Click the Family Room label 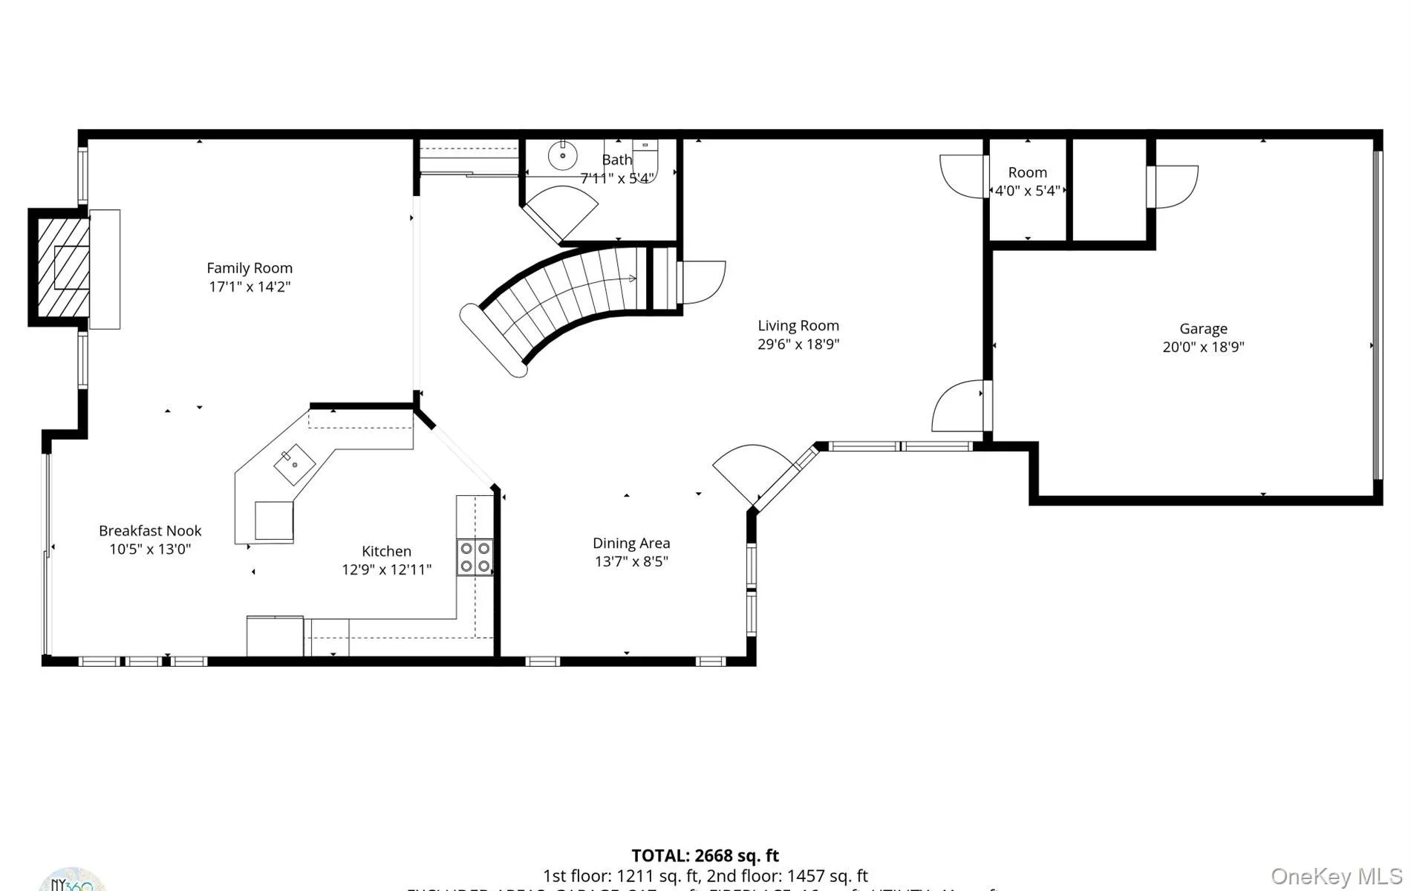[x=250, y=268]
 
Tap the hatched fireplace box [x=63, y=267]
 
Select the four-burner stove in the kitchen [x=475, y=557]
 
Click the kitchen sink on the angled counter [x=294, y=465]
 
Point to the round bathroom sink [x=562, y=156]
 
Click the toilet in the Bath [x=645, y=156]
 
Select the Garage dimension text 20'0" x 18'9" [x=1203, y=347]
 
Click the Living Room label [x=798, y=325]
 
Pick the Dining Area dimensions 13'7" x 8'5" [x=631, y=561]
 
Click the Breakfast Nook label [x=150, y=531]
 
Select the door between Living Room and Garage [x=959, y=405]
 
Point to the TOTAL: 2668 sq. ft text [x=705, y=856]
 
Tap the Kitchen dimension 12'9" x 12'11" [x=386, y=569]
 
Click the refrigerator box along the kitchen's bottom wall [x=275, y=636]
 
